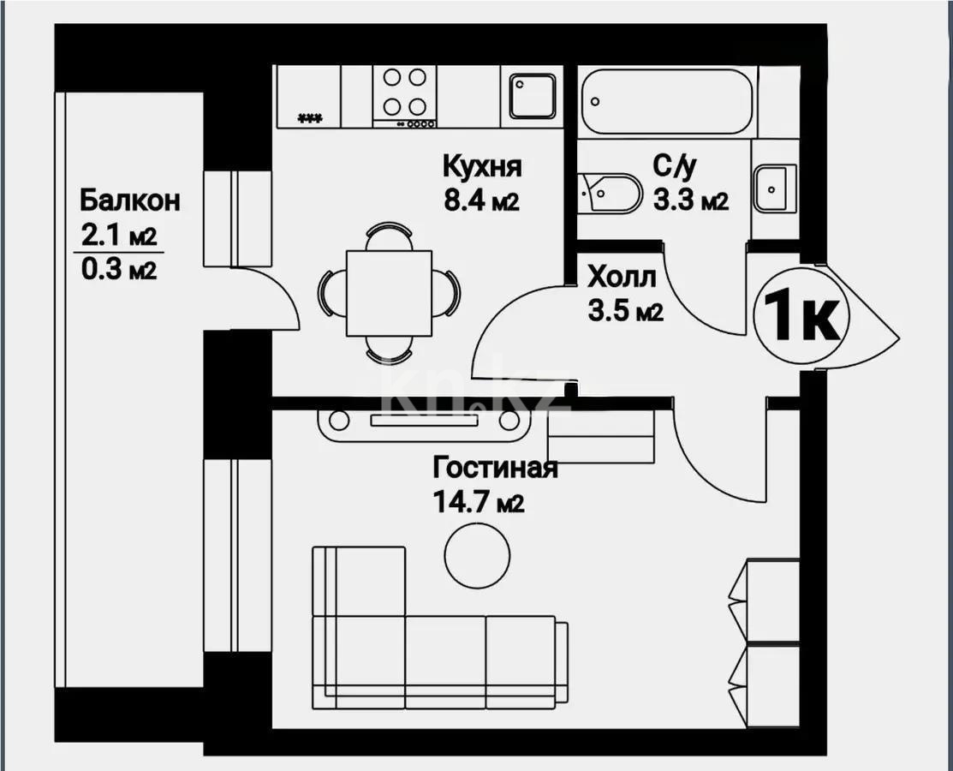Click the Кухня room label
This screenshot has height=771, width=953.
pyautogui.click(x=482, y=164)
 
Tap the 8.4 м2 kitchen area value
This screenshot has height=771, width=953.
pyautogui.click(x=481, y=201)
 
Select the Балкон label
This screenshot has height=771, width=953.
pyautogui.click(x=130, y=200)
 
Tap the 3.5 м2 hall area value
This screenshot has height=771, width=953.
pyautogui.click(x=626, y=312)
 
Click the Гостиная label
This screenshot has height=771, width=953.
pyautogui.click(x=495, y=468)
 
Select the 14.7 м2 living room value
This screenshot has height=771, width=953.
pyautogui.click(x=479, y=503)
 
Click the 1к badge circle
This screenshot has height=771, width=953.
pyautogui.click(x=801, y=316)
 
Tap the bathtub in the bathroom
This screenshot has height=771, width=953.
pyautogui.click(x=667, y=101)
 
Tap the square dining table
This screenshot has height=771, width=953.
pyautogui.click(x=389, y=293)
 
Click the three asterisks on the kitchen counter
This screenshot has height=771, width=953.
pyautogui.click(x=309, y=118)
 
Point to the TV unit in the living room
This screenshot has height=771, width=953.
pyautogui.click(x=424, y=421)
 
